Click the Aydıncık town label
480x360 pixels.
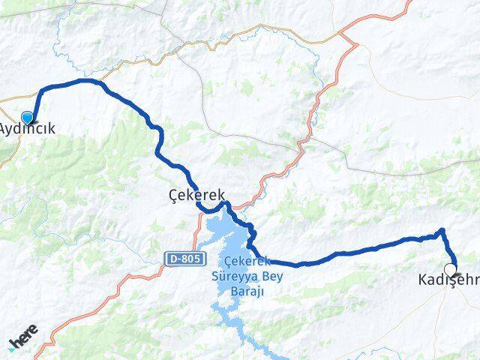[x=27, y=130]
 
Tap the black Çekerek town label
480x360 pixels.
[x=197, y=194]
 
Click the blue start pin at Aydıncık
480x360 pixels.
[x=28, y=118]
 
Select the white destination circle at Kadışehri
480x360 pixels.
[x=450, y=269]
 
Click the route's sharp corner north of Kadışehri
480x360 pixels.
[x=442, y=231]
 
